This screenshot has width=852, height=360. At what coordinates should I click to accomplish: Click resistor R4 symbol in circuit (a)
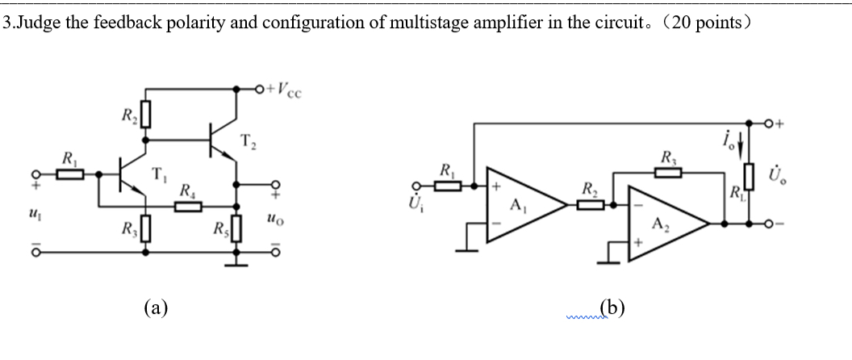[x=188, y=207]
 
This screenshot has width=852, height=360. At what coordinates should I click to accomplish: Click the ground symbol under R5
[x=237, y=260]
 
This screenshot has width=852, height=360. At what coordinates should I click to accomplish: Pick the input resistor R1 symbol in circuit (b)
[x=448, y=186]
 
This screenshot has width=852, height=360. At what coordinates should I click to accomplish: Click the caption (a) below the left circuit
[x=157, y=307]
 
